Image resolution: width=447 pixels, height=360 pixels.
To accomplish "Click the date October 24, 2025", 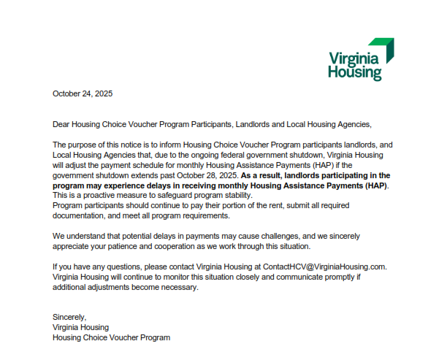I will pyautogui.click(x=83, y=93).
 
